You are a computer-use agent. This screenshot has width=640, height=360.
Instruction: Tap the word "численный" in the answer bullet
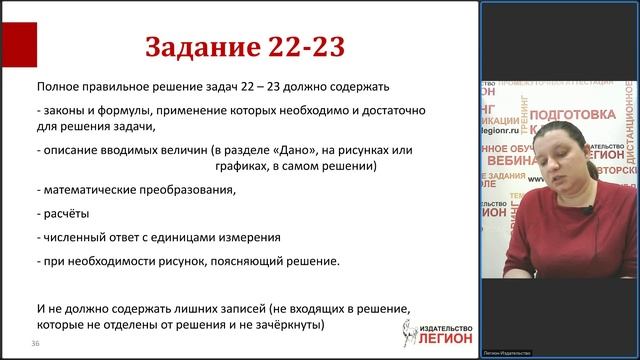pos(71,238)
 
